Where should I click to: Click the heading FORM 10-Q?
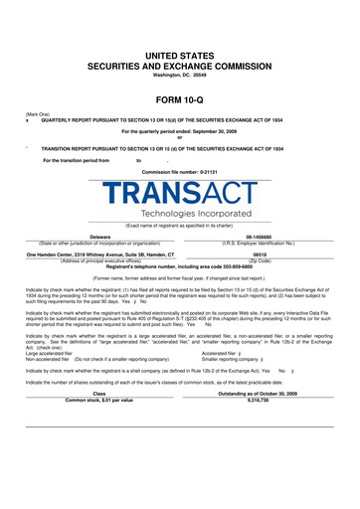[179, 99]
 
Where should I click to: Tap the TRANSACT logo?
[179, 195]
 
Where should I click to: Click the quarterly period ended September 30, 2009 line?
[179, 131]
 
